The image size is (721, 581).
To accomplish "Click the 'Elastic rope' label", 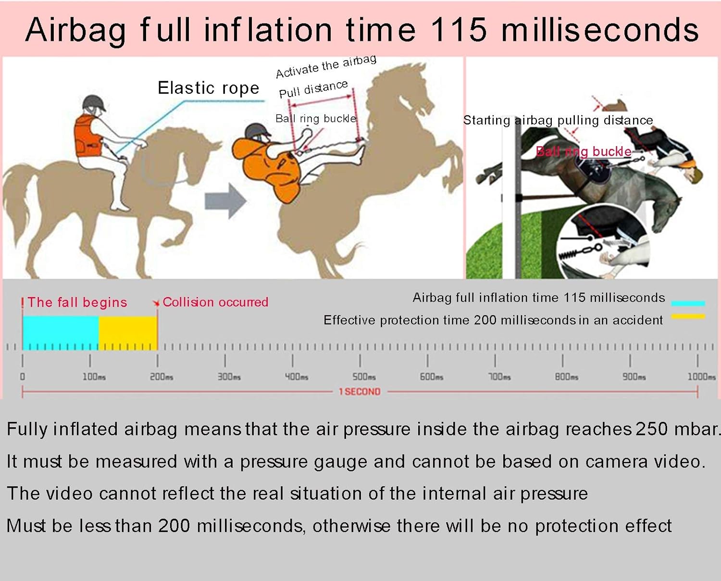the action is pyautogui.click(x=209, y=88).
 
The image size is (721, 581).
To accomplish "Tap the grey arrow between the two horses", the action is pyautogui.click(x=226, y=201).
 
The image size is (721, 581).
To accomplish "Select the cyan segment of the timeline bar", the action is pyautogui.click(x=61, y=333).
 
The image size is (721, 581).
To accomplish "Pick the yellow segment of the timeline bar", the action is pyautogui.click(x=128, y=333).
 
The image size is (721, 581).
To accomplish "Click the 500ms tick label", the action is pyautogui.click(x=364, y=377).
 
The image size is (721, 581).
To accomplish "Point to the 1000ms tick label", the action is pyautogui.click(x=702, y=377).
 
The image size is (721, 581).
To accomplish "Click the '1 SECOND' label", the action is pyautogui.click(x=360, y=392).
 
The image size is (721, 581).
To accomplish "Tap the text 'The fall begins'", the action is pyautogui.click(x=77, y=302).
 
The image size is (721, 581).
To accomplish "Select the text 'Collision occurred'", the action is pyautogui.click(x=215, y=302).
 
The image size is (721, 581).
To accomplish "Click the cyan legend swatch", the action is pyautogui.click(x=688, y=304).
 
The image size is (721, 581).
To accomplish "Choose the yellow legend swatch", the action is pyautogui.click(x=688, y=316).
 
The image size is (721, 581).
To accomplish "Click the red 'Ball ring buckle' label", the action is pyautogui.click(x=584, y=151).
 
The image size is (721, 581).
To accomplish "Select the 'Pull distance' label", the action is pyautogui.click(x=313, y=89).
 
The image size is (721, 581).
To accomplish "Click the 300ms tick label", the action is pyautogui.click(x=229, y=377).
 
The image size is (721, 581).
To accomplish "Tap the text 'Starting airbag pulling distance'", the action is pyautogui.click(x=558, y=120).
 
